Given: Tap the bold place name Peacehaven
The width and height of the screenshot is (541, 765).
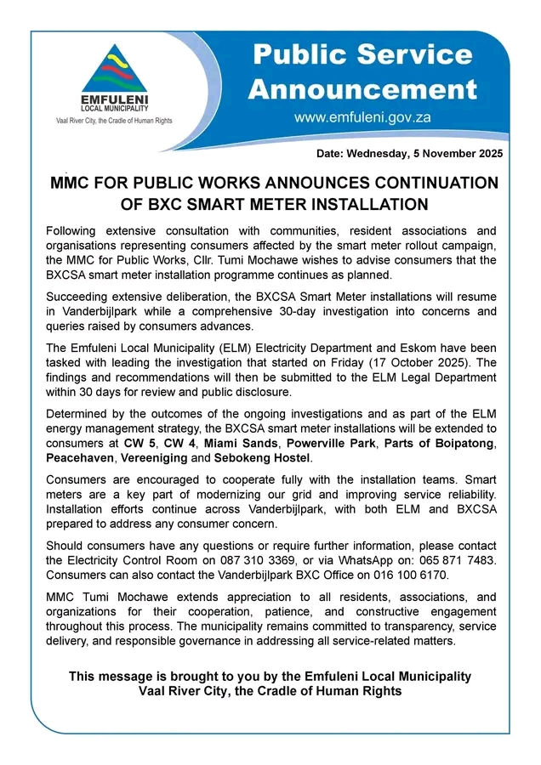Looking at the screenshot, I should click(x=79, y=458).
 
